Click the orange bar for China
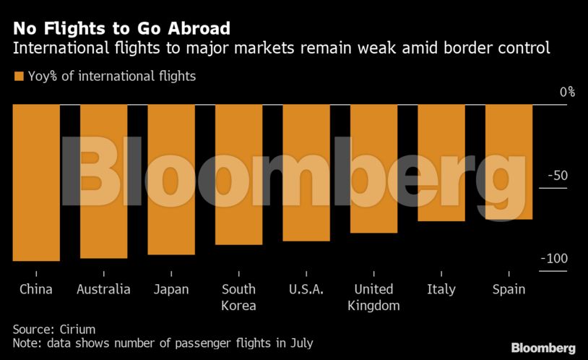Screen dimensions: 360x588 [36, 182]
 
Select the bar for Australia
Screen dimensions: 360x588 [103, 181]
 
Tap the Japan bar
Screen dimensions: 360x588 [171, 179]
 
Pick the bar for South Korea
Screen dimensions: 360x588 [238, 174]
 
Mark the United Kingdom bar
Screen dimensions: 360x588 [373, 168]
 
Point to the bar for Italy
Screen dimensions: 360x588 [441, 163]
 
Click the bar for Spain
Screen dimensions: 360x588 [509, 161]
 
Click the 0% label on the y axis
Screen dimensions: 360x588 [567, 92]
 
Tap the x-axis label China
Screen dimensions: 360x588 [36, 289]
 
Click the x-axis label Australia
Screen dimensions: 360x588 [103, 289]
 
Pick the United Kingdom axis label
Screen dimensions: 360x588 [373, 297]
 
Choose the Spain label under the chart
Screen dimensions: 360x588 [509, 289]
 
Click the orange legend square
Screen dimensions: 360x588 [18, 75]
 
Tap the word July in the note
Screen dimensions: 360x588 [301, 343]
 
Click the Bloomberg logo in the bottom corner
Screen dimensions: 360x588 [543, 348]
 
